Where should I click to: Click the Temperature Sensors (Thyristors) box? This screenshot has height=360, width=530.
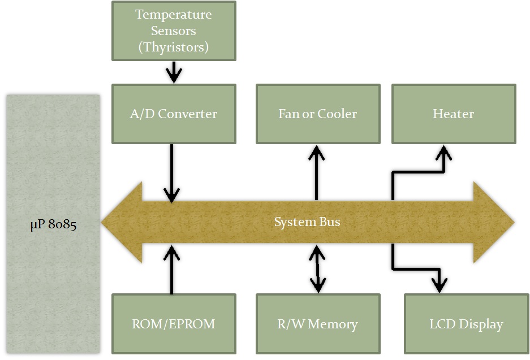coord(174,31)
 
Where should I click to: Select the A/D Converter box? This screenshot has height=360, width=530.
coord(174,114)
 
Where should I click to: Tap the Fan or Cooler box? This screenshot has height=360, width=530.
coord(318,114)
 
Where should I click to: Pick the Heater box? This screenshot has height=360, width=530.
coord(454,114)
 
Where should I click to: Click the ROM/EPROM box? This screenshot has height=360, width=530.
coord(174,324)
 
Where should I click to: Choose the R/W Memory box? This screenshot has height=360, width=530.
coord(318,324)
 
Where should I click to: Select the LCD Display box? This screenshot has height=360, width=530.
coord(466,324)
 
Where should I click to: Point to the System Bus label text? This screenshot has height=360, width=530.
coord(307,222)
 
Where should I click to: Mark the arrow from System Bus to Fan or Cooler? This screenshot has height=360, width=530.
coord(316,172)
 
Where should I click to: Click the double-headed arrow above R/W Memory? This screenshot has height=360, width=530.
coord(318,269)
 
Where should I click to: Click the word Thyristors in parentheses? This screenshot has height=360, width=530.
coord(174,47)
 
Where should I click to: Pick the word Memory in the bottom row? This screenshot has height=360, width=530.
coord(333,324)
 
